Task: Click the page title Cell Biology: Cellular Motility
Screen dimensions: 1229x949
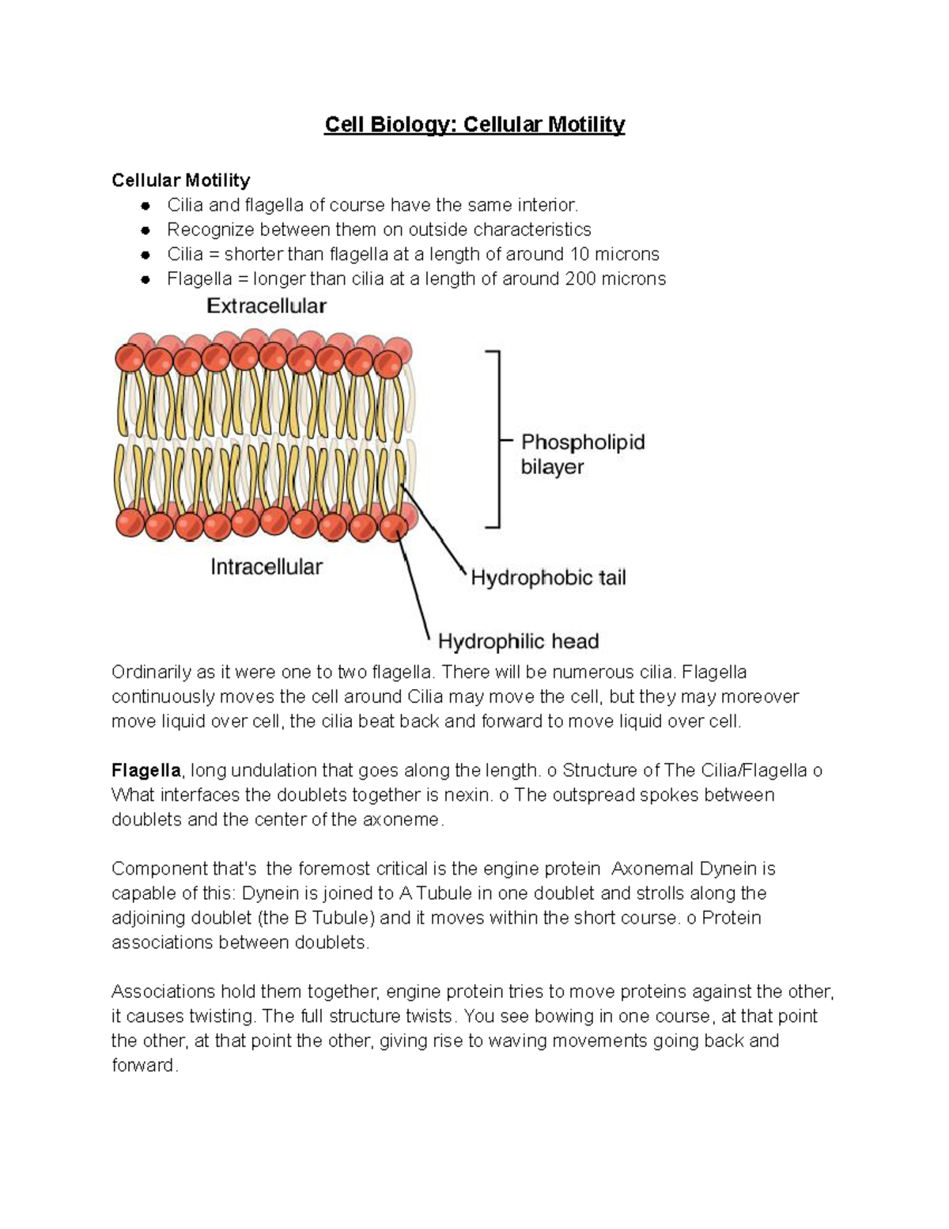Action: [475, 125]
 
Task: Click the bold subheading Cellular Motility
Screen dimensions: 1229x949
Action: [180, 180]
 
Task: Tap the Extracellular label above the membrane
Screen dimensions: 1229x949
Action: [267, 306]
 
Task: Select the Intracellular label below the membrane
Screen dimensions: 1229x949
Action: [267, 567]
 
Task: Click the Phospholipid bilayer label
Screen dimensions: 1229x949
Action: [582, 454]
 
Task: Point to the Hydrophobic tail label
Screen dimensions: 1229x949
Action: [548, 578]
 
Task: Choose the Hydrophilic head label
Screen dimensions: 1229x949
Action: [518, 641]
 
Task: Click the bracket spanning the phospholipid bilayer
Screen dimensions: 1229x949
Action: [497, 438]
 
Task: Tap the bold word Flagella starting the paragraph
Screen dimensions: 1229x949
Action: [146, 770]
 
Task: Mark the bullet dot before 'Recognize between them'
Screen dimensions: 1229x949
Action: [145, 230]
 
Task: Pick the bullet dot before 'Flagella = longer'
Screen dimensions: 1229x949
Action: [145, 279]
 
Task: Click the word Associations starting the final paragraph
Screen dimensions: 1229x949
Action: [163, 992]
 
